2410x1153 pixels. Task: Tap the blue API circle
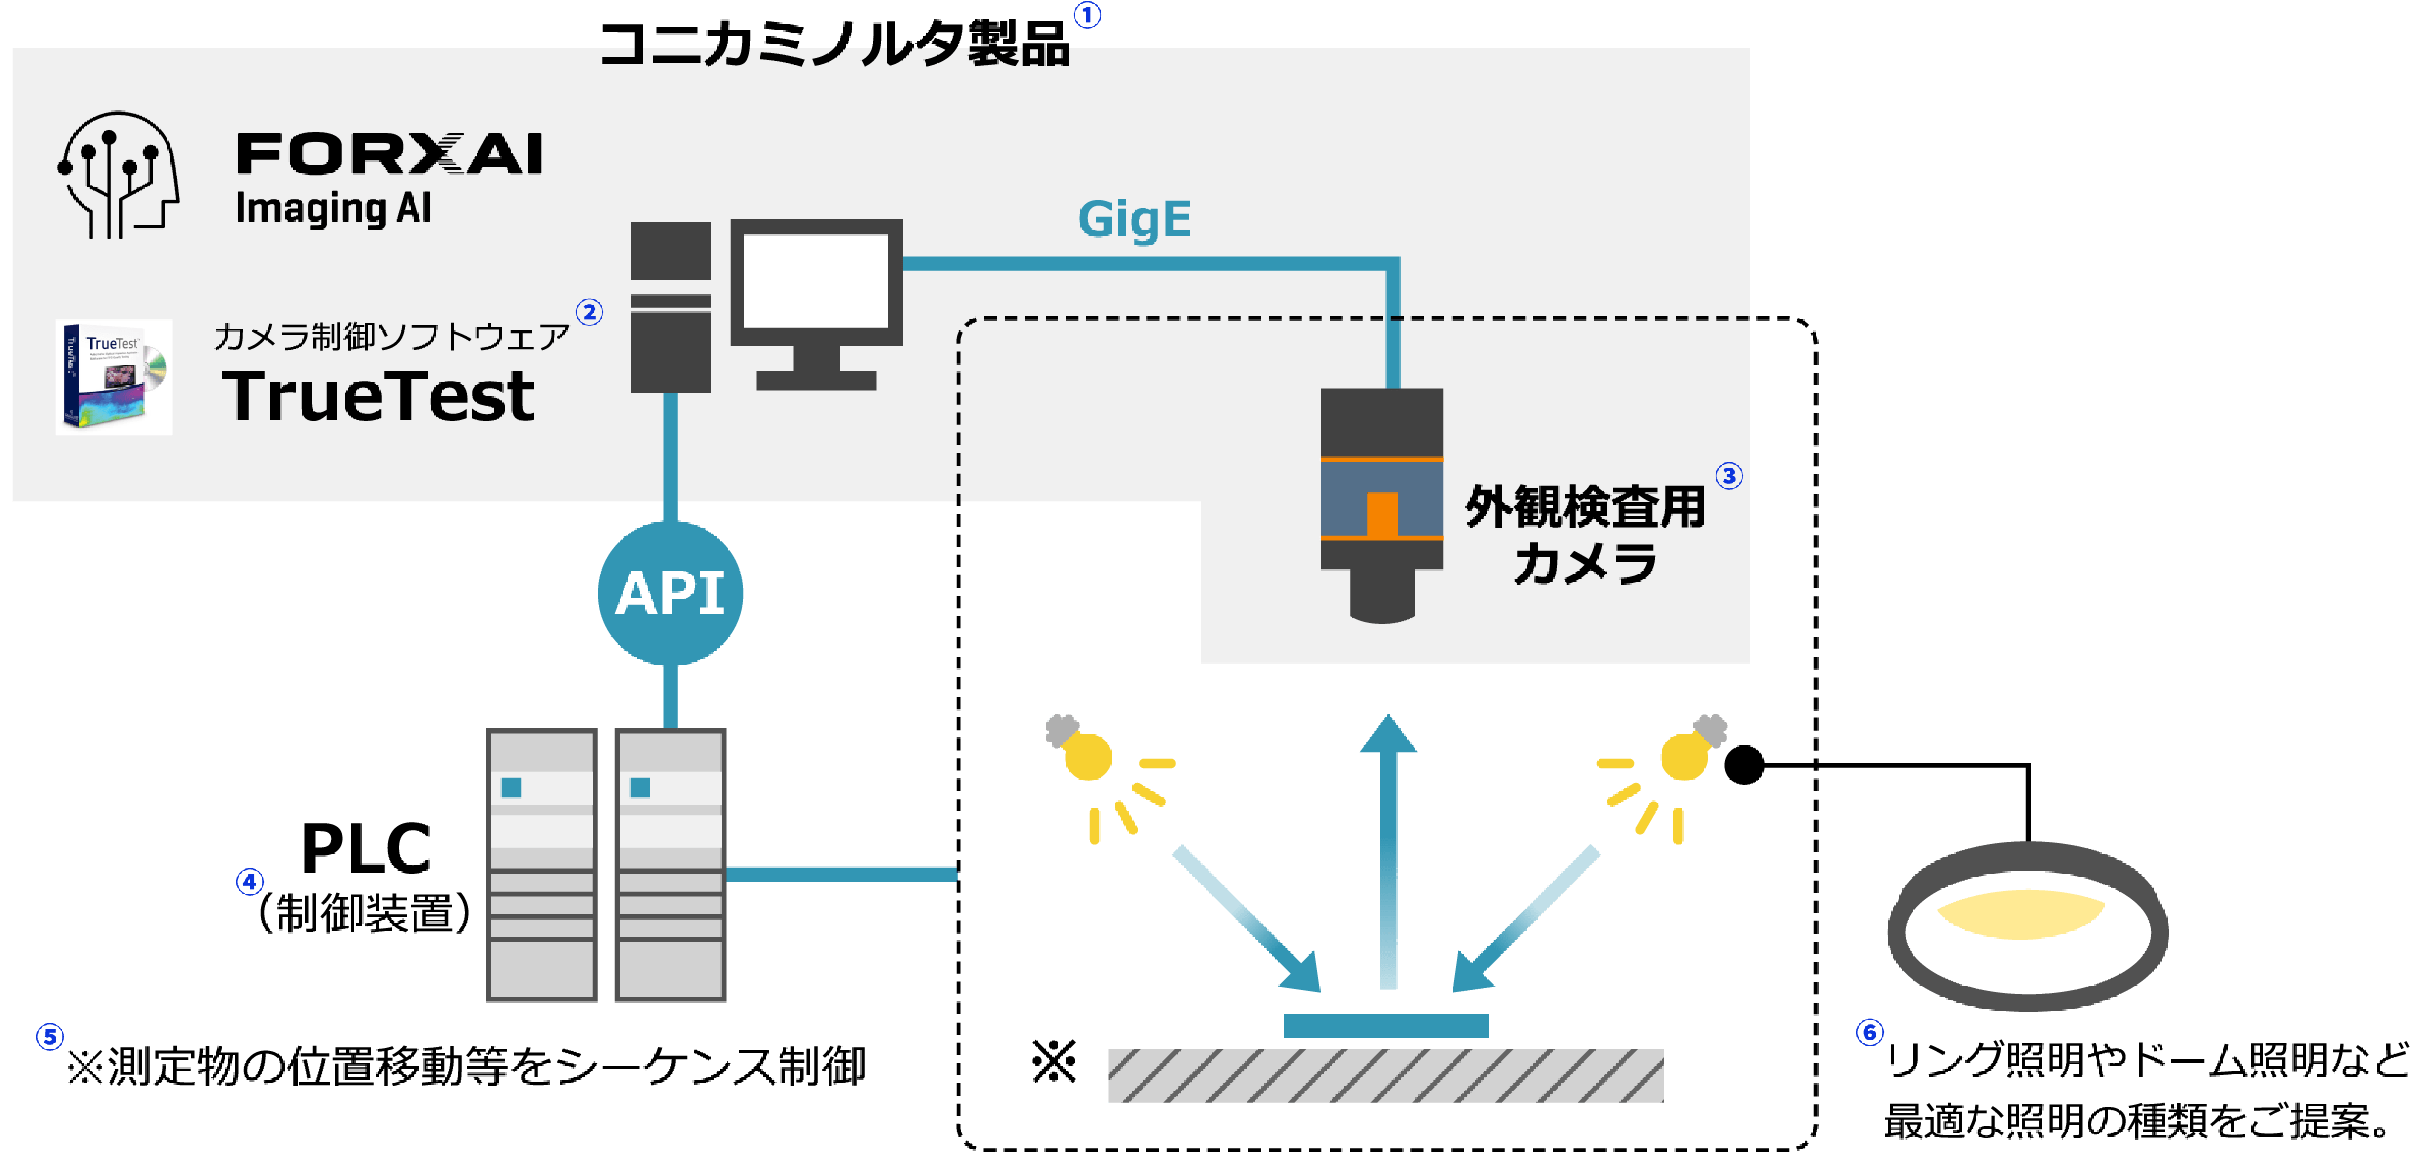[x=670, y=593]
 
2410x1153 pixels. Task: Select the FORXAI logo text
[x=389, y=153]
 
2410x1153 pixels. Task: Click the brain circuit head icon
[x=118, y=174]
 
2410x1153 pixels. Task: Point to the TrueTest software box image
[x=114, y=377]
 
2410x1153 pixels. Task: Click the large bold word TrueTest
[x=378, y=396]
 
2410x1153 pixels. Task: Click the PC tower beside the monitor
[x=670, y=307]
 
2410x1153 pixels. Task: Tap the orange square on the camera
[x=1382, y=514]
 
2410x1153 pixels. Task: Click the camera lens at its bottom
[x=1382, y=596]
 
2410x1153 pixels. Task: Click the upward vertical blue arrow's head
[x=1388, y=733]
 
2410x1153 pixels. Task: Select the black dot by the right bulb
[x=1744, y=765]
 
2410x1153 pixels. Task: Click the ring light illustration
[x=2028, y=926]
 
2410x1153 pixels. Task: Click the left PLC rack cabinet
[x=542, y=865]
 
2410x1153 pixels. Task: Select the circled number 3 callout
[x=1729, y=476]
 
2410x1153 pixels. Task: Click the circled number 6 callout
[x=1869, y=1032]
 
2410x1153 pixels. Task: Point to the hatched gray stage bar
[x=1386, y=1075]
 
